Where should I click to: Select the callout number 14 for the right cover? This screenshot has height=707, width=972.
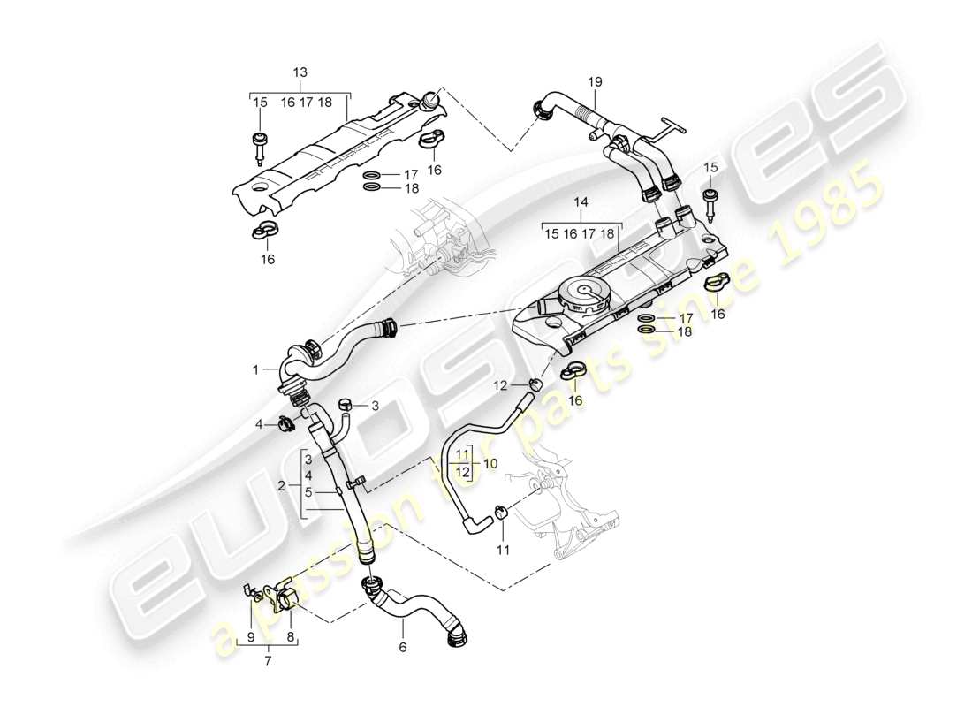click(580, 202)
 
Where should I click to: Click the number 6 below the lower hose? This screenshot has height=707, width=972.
click(403, 647)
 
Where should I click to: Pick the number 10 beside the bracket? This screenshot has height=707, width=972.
click(490, 462)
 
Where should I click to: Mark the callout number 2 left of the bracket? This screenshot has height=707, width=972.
click(280, 486)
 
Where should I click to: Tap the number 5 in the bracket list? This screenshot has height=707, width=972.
click(307, 493)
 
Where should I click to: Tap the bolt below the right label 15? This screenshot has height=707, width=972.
click(710, 200)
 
